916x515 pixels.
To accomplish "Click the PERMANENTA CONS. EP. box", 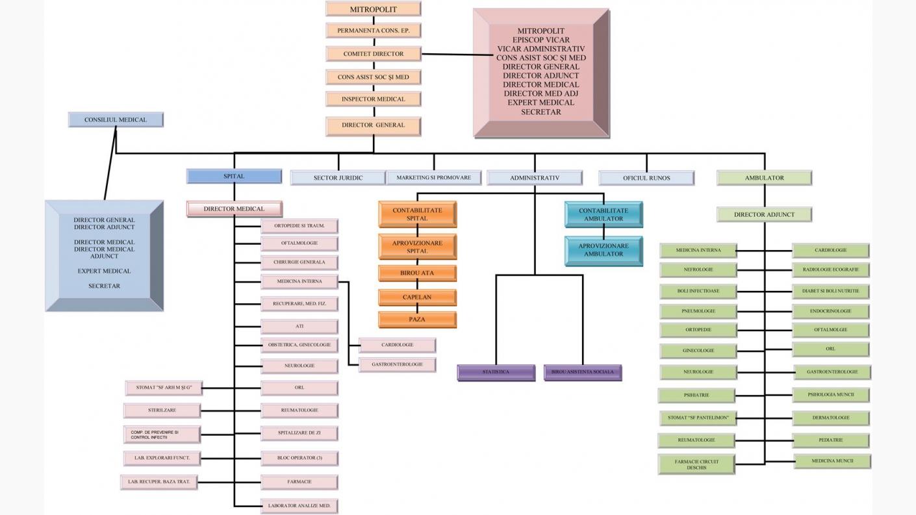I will coord(373,31).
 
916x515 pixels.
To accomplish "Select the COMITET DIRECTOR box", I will coord(373,54).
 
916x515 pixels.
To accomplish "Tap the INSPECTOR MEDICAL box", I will coord(373,99).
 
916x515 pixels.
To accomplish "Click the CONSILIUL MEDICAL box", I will coord(116,119).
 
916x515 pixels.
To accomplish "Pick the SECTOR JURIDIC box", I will coord(338,178).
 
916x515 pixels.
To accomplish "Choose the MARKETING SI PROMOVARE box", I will coord(433,177).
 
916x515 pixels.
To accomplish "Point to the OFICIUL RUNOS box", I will coord(646,178).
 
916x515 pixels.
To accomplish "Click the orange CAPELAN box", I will coord(417,297).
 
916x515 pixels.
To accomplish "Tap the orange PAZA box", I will coord(417,320).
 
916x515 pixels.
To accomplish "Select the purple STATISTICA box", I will coord(496,372).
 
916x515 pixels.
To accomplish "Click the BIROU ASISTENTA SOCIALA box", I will coord(582,372).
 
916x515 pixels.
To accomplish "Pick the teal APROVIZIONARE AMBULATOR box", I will coord(604,250).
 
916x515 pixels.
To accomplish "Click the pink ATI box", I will coord(299,326).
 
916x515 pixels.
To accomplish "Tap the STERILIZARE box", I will coord(162,410).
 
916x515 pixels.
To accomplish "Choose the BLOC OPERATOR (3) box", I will coord(299,458).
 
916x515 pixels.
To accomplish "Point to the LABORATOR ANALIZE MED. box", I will coord(299,505).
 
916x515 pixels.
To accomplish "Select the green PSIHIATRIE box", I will coord(696,395).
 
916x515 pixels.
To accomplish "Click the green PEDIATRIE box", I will coord(830,440).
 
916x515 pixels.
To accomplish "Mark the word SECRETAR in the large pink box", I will coord(541,112).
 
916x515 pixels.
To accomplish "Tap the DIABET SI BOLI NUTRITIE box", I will coord(830,291).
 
